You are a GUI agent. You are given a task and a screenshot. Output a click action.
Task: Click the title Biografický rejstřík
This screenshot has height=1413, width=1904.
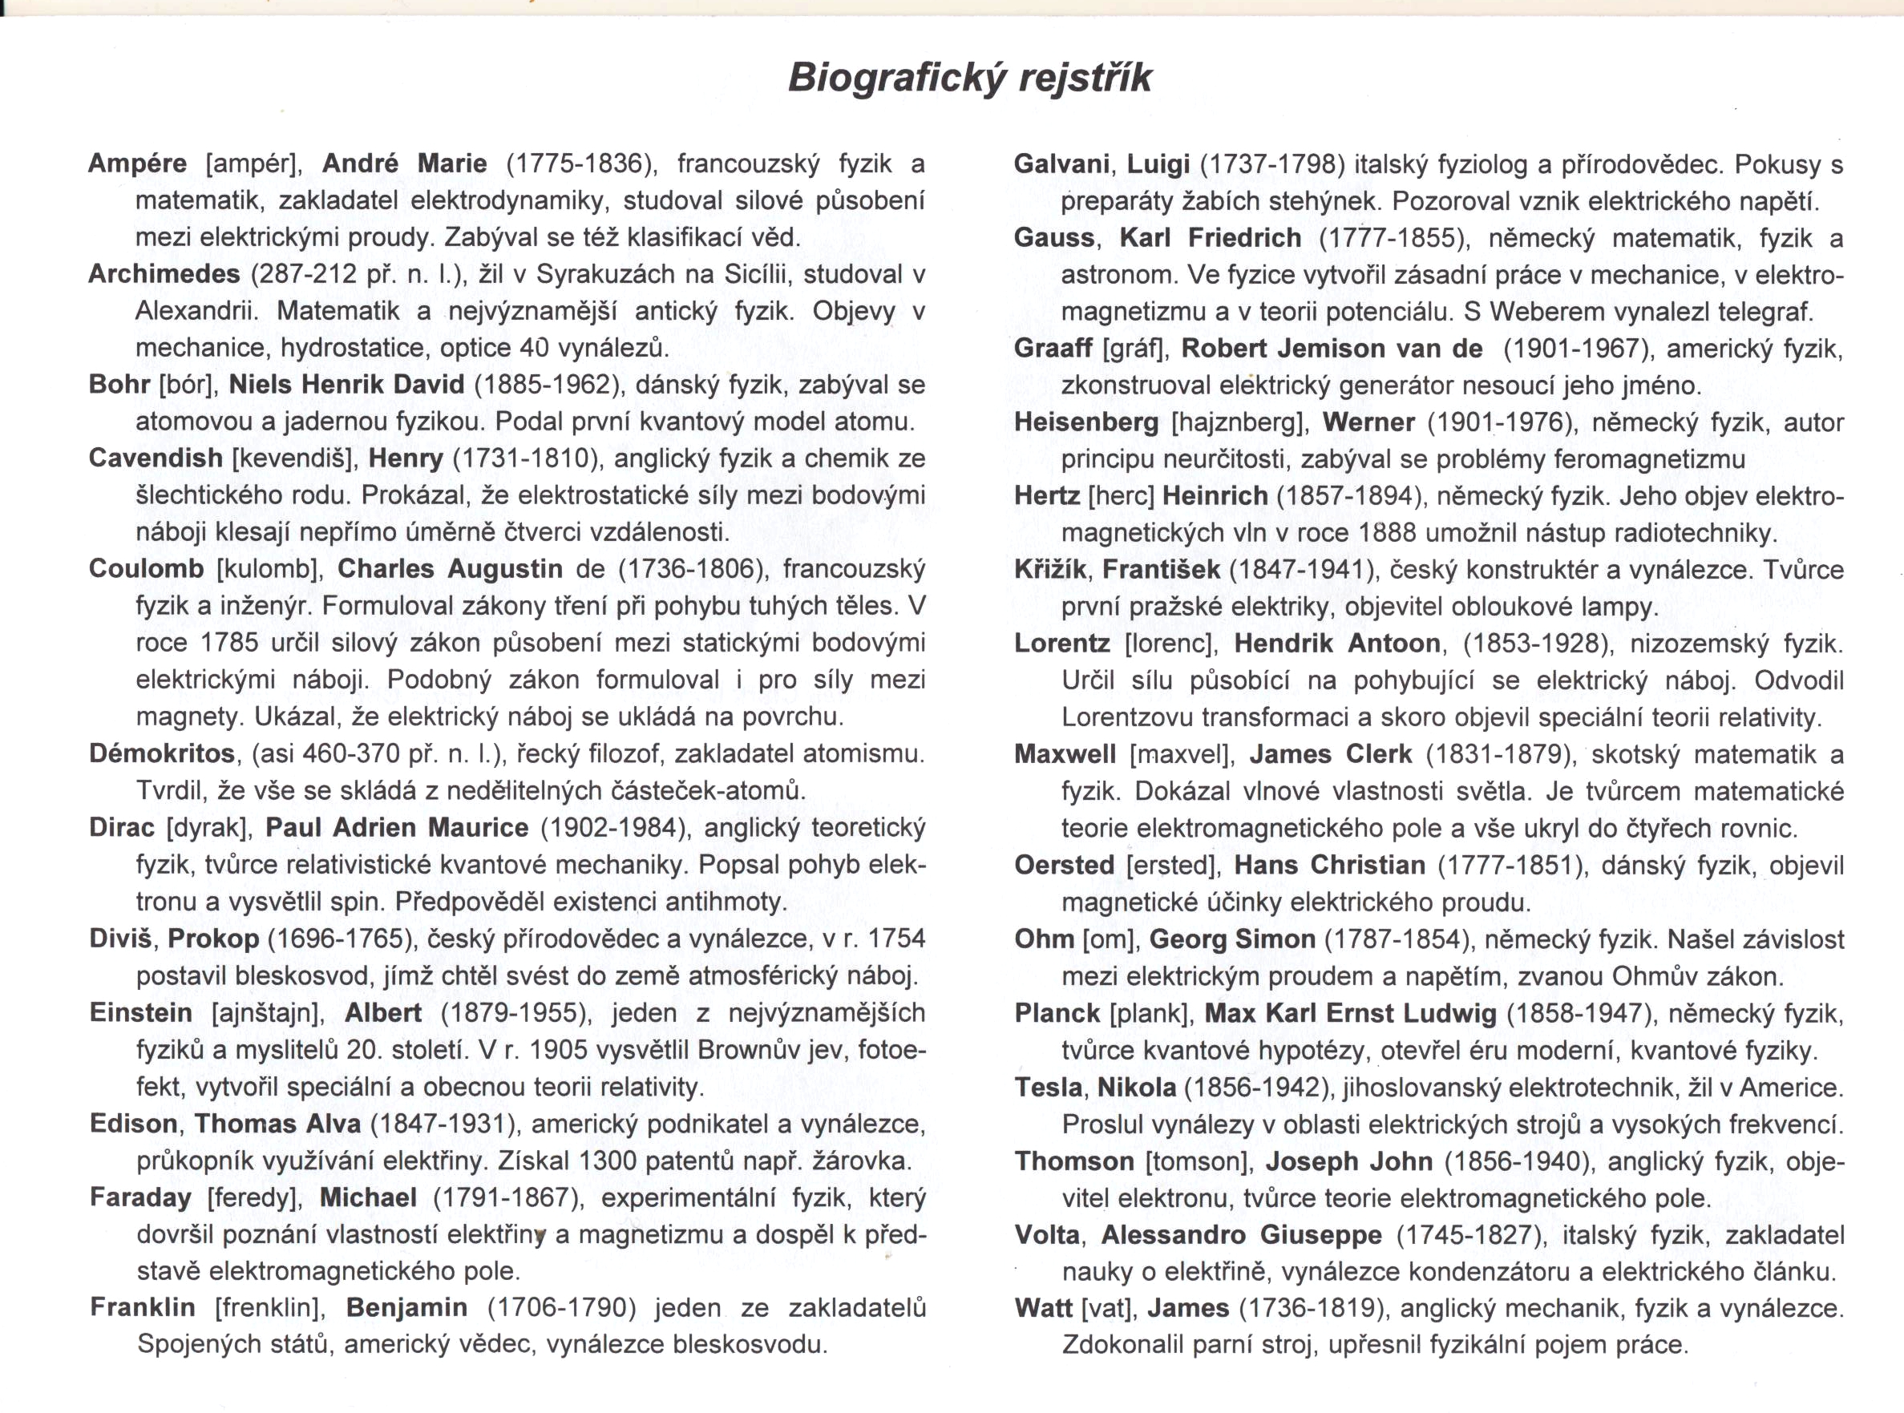[968, 78]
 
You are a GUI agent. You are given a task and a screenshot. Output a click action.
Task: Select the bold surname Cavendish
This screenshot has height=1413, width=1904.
[156, 458]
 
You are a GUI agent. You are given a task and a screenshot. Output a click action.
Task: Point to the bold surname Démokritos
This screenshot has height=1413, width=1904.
[162, 754]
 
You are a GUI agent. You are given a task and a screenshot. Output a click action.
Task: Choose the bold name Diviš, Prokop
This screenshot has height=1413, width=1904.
[174, 939]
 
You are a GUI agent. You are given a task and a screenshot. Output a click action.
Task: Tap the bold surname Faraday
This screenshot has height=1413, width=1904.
[140, 1197]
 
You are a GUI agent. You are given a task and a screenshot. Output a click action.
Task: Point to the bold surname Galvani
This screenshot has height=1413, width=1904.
[1062, 164]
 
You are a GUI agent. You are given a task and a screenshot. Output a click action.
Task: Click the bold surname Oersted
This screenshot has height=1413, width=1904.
[1065, 866]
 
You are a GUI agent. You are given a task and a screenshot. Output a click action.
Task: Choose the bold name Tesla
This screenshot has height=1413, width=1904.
[1049, 1087]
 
